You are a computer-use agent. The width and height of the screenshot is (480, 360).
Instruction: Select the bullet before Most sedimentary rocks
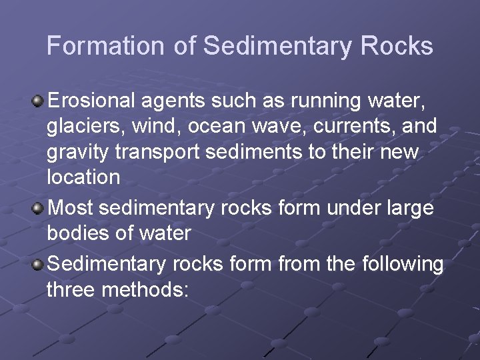38,209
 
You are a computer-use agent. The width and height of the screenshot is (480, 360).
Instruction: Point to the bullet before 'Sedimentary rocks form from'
38,265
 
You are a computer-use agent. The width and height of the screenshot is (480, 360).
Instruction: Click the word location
83,177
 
